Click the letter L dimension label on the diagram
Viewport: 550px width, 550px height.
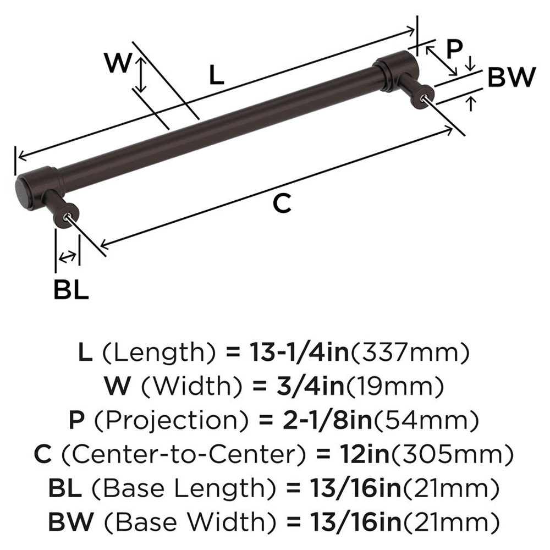click(217, 75)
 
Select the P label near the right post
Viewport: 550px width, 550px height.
click(454, 48)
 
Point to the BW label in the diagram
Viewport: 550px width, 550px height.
click(510, 78)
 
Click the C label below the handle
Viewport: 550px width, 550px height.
click(281, 204)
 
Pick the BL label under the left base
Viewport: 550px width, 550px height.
click(71, 290)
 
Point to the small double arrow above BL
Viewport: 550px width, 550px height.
click(67, 256)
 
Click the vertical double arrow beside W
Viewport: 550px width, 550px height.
click(142, 76)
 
